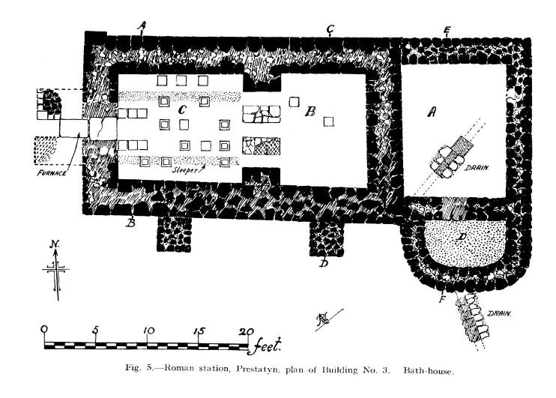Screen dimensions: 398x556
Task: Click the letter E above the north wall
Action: point(447,30)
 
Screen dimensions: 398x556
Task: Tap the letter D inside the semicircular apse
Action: point(462,241)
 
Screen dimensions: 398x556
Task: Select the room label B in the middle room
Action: point(309,112)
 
